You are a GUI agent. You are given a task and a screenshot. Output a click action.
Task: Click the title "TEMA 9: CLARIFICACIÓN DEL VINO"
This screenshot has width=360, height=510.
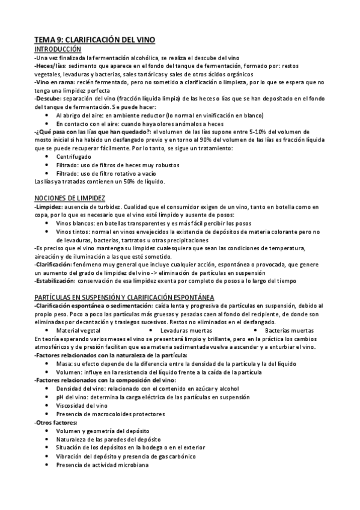[x=94, y=40]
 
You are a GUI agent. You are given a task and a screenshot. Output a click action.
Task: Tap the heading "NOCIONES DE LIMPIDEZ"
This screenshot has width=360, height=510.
[x=70, y=197]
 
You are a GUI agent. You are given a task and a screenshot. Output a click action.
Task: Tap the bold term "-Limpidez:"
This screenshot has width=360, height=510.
[x=50, y=206]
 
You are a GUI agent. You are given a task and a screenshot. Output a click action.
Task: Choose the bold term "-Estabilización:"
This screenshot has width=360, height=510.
[x=55, y=280]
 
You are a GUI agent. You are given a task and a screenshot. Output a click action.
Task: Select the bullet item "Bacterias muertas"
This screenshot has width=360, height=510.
[x=289, y=331]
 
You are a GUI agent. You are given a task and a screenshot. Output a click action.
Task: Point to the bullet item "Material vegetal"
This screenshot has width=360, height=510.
[x=78, y=331]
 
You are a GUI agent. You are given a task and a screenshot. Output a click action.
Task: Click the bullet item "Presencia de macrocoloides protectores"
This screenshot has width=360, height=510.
[x=110, y=414]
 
